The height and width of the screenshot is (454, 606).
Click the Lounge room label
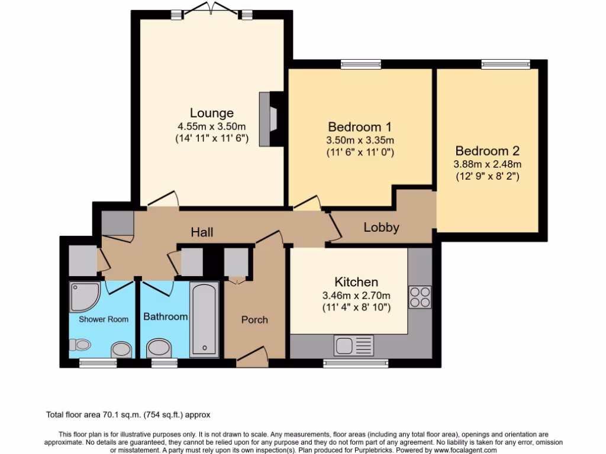pyautogui.click(x=212, y=113)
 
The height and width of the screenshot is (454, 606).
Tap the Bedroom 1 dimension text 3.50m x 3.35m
pyautogui.click(x=360, y=140)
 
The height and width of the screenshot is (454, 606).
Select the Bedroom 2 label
pyautogui.click(x=488, y=151)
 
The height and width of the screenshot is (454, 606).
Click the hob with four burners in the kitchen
pyautogui.click(x=420, y=297)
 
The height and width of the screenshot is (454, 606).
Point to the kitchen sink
pyautogui.click(x=354, y=345)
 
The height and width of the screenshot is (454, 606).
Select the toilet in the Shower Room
pyautogui.click(x=80, y=345)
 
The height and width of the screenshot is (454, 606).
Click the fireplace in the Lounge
pyautogui.click(x=269, y=119)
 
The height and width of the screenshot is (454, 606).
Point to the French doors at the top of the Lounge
pyautogui.click(x=211, y=8)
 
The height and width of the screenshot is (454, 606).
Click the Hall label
pyautogui.click(x=202, y=232)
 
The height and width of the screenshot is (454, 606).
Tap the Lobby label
pyautogui.click(x=381, y=227)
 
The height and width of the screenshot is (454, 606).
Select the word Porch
pyautogui.click(x=254, y=320)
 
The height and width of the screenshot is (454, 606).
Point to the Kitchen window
pyautogui.click(x=356, y=363)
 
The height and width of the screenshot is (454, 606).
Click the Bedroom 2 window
pyautogui.click(x=505, y=64)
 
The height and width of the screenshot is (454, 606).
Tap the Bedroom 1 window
pyautogui.click(x=361, y=64)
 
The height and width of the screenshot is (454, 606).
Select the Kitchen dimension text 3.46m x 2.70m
pyautogui.click(x=356, y=296)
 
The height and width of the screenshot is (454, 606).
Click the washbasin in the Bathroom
pyautogui.click(x=159, y=348)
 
